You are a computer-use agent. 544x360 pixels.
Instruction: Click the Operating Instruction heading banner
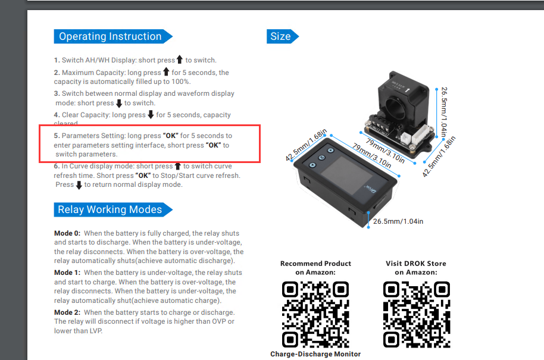click(x=113, y=36)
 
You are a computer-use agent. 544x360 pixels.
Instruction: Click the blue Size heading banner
click(x=282, y=36)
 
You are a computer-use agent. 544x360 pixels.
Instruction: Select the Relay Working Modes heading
click(x=113, y=209)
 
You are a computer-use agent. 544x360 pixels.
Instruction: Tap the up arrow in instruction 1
click(x=179, y=60)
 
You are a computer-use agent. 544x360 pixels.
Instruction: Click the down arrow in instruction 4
click(x=151, y=114)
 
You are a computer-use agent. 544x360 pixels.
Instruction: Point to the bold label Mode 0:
click(x=67, y=233)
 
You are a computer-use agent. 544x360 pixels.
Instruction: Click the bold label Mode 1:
click(x=67, y=273)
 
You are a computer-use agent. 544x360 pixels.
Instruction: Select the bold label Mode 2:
click(x=67, y=312)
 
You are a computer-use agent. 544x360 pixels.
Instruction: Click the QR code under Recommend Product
click(x=315, y=314)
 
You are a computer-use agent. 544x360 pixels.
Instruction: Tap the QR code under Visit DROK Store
click(x=416, y=314)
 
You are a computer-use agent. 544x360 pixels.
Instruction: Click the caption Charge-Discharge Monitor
click(x=315, y=354)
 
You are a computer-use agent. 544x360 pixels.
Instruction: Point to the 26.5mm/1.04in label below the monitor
click(x=398, y=221)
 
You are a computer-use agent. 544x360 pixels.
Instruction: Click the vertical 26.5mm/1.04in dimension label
click(x=444, y=112)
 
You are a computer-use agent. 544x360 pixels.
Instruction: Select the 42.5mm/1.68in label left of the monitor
click(x=306, y=145)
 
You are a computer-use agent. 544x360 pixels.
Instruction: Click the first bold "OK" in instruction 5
click(x=170, y=136)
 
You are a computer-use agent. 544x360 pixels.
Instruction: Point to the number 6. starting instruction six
click(x=57, y=166)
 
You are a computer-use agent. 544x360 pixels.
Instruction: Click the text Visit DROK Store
click(x=416, y=264)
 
